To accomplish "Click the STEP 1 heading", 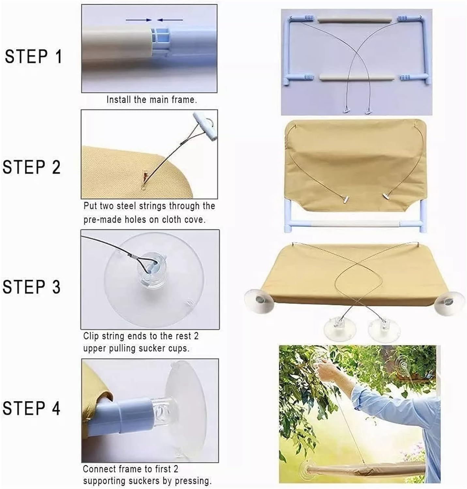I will (33, 56).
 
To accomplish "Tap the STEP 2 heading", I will (32, 167).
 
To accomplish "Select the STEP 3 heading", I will (32, 287).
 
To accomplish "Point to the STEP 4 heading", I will (32, 408).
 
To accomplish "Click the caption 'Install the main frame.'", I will (152, 99).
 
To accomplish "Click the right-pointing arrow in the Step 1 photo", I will (139, 20).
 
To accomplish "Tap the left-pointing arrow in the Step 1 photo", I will (170, 20).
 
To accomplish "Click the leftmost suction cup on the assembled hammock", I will (258, 298).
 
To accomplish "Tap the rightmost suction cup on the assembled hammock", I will (449, 302).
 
